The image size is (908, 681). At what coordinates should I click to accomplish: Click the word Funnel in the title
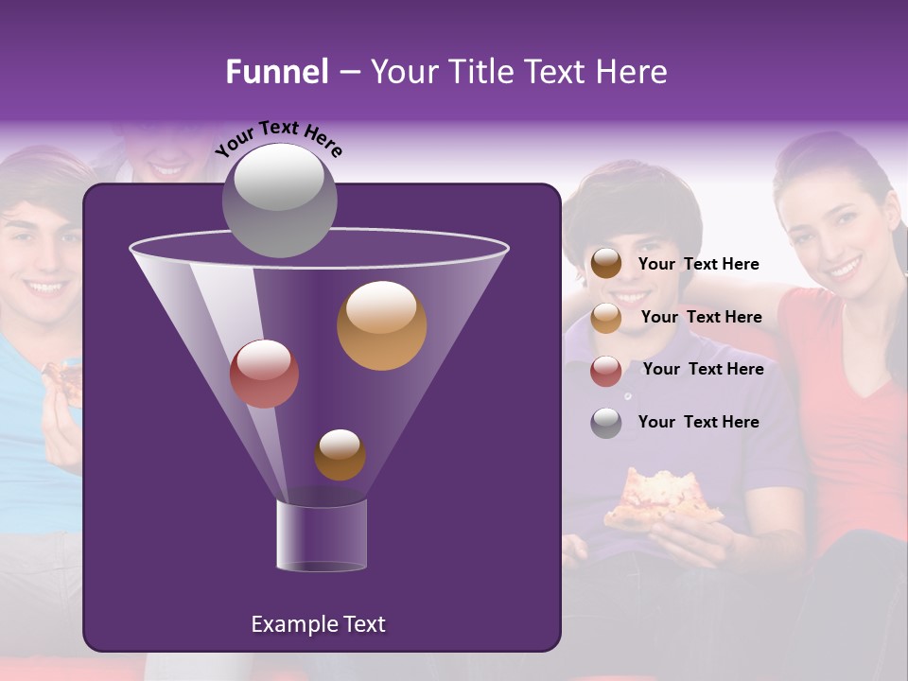tap(276, 72)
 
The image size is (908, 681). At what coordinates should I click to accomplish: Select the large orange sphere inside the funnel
tap(381, 325)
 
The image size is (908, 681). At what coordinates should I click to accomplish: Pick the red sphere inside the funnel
tap(264, 373)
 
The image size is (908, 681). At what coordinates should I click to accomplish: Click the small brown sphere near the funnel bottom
tap(340, 454)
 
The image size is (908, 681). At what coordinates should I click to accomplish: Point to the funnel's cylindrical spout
tap(321, 534)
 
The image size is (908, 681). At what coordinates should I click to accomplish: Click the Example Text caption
tap(318, 624)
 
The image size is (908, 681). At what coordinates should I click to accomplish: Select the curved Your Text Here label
tap(279, 139)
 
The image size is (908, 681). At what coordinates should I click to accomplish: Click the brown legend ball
tap(606, 264)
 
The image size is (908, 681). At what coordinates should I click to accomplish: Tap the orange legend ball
tap(606, 318)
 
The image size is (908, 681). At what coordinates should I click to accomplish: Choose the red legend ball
tap(606, 371)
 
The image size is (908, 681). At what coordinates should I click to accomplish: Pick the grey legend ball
tap(606, 423)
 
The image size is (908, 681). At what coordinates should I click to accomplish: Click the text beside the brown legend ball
tap(698, 265)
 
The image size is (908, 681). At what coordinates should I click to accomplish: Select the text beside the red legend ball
tap(703, 370)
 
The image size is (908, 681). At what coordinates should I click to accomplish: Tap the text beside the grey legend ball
tap(698, 422)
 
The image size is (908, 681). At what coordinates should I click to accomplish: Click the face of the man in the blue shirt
tap(38, 255)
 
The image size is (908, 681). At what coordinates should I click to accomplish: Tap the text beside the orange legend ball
tap(701, 318)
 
